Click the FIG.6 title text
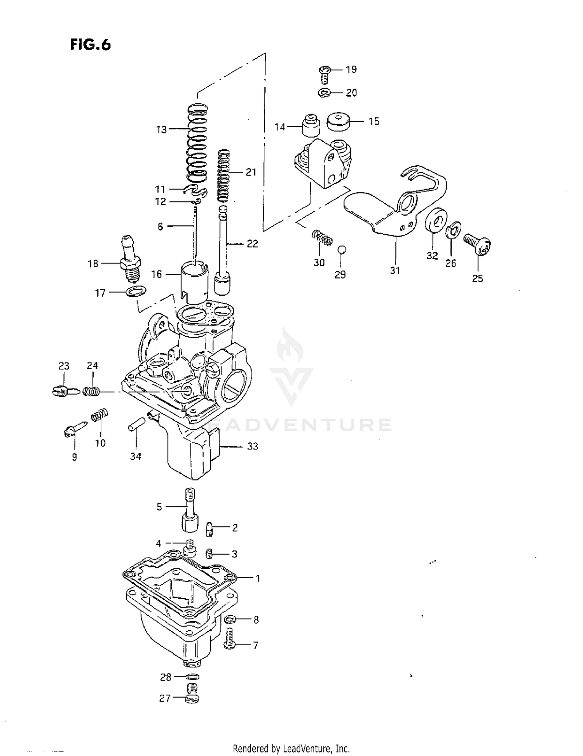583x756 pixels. click(91, 45)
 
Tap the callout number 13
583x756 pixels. click(161, 130)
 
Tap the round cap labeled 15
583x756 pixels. click(339, 122)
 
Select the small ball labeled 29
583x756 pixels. click(342, 249)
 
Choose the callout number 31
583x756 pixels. click(395, 270)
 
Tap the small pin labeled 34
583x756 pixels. click(137, 423)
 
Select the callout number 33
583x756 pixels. click(253, 446)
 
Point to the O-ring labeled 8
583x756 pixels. click(229, 619)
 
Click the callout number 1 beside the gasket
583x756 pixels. click(257, 578)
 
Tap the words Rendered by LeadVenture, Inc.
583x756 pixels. click(291, 748)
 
